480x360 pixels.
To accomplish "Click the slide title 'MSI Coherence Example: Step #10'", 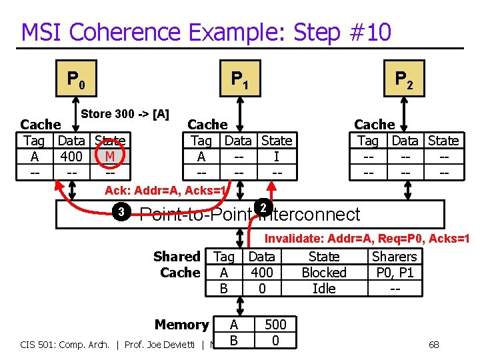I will click(x=206, y=31).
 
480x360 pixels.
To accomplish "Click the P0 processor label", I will click(x=75, y=80).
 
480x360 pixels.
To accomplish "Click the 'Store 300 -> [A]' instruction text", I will click(x=125, y=113).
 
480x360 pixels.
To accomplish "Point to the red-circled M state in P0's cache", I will click(x=109, y=157).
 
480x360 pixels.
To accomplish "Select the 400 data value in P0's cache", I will click(x=71, y=157).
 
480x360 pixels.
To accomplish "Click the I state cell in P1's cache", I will click(x=276, y=157).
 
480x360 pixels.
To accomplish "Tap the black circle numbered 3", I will click(x=121, y=213).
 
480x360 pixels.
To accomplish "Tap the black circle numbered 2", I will click(x=263, y=208).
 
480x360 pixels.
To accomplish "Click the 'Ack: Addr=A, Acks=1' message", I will click(x=167, y=191).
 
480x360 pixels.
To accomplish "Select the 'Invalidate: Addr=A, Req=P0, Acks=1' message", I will click(x=367, y=239).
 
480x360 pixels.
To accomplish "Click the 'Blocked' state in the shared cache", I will click(x=324, y=273).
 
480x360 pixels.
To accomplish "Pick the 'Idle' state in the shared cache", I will click(x=324, y=289).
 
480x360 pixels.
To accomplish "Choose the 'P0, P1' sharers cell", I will click(x=394, y=273).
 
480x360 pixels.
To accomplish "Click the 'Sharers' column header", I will click(x=394, y=257).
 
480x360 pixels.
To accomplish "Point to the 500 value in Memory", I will click(x=275, y=325).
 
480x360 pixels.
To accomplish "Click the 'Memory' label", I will click(x=181, y=325).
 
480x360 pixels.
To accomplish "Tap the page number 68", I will click(x=433, y=345).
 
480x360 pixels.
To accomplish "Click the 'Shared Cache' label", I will click(x=177, y=265).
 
